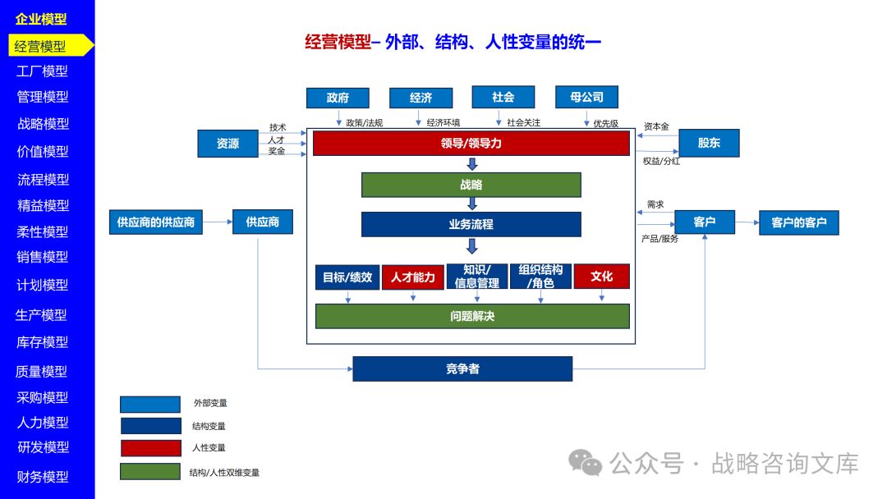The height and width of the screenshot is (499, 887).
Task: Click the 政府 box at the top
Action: pyautogui.click(x=338, y=98)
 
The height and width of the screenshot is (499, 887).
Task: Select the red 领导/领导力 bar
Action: pyautogui.click(x=471, y=144)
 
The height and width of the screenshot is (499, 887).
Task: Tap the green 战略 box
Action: pyautogui.click(x=471, y=185)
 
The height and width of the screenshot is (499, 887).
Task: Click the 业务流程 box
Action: pyautogui.click(x=471, y=224)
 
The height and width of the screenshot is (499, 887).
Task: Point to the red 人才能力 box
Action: pyautogui.click(x=412, y=277)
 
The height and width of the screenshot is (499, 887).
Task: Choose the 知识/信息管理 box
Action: pyautogui.click(x=476, y=277)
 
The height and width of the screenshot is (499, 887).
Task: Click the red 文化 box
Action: pyautogui.click(x=601, y=277)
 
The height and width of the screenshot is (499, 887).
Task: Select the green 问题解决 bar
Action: pyautogui.click(x=472, y=316)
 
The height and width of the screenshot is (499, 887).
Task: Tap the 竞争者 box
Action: pyautogui.click(x=462, y=369)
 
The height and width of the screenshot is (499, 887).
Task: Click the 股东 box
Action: pyautogui.click(x=709, y=143)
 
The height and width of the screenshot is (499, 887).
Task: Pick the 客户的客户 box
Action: pyautogui.click(x=798, y=222)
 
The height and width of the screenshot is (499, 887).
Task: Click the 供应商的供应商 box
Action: pyautogui.click(x=156, y=222)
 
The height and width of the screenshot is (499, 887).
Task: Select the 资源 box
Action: pyautogui.click(x=227, y=144)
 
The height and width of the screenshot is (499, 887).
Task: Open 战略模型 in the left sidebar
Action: pyautogui.click(x=44, y=124)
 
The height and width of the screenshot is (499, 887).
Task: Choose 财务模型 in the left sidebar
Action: pyautogui.click(x=44, y=477)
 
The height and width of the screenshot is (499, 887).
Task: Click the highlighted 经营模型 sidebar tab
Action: pyautogui.click(x=43, y=46)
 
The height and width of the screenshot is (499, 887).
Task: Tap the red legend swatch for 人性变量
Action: pyautogui.click(x=150, y=448)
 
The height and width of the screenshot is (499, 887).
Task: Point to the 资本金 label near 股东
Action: pyautogui.click(x=656, y=126)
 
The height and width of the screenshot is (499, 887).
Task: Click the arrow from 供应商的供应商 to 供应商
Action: pyautogui.click(x=218, y=222)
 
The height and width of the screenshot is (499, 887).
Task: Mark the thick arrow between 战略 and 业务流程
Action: pyautogui.click(x=472, y=204)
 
